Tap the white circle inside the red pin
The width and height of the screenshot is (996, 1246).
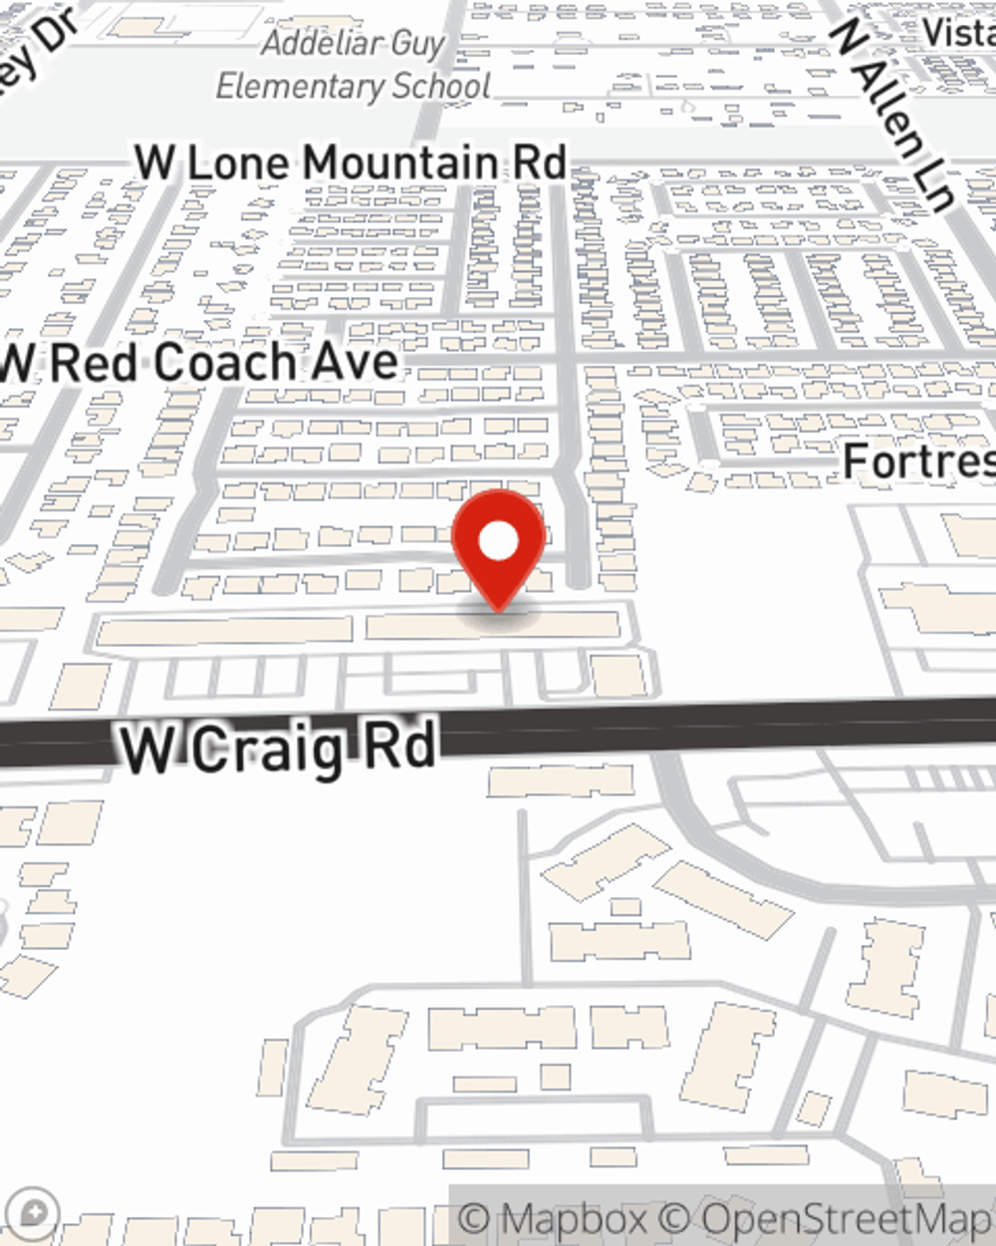(x=498, y=541)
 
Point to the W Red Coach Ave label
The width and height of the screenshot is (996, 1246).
(x=199, y=362)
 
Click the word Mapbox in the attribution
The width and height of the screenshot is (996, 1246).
(x=573, y=1219)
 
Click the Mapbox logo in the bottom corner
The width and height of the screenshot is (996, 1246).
(x=34, y=1213)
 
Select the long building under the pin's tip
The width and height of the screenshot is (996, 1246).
(x=493, y=626)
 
